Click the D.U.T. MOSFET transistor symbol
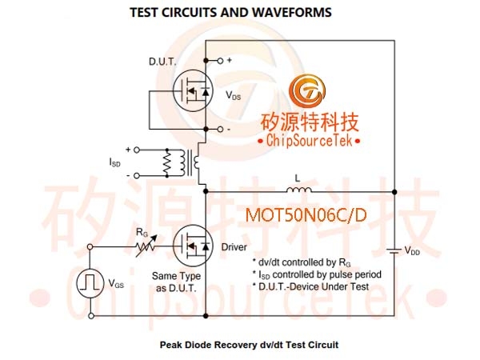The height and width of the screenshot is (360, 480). (x=193, y=90)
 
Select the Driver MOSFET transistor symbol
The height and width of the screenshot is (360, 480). (x=193, y=246)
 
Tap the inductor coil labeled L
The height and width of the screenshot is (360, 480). (x=299, y=190)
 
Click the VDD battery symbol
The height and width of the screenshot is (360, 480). (x=394, y=251)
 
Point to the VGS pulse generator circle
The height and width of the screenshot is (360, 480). (x=90, y=283)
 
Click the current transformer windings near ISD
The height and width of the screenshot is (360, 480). (x=189, y=162)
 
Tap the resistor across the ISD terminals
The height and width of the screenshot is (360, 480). (x=167, y=162)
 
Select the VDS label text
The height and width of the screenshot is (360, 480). (x=234, y=95)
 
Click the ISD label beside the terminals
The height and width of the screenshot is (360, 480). (x=114, y=162)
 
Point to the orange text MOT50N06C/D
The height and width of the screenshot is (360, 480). (x=306, y=215)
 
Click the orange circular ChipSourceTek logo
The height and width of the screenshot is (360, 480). (x=307, y=91)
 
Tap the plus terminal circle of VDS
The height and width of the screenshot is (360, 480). (x=220, y=61)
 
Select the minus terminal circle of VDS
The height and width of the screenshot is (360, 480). (x=220, y=129)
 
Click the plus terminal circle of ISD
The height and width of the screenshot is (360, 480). (x=137, y=150)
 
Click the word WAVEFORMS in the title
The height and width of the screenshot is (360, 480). (x=292, y=13)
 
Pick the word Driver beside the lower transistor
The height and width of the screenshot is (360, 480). (x=234, y=247)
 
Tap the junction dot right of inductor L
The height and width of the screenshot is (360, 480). (x=394, y=192)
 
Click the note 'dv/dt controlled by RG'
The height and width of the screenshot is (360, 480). (x=302, y=262)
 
